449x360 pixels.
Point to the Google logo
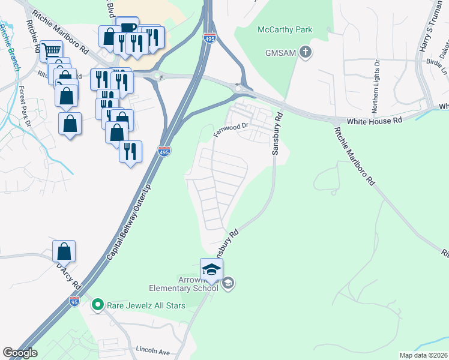(x=20, y=353)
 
